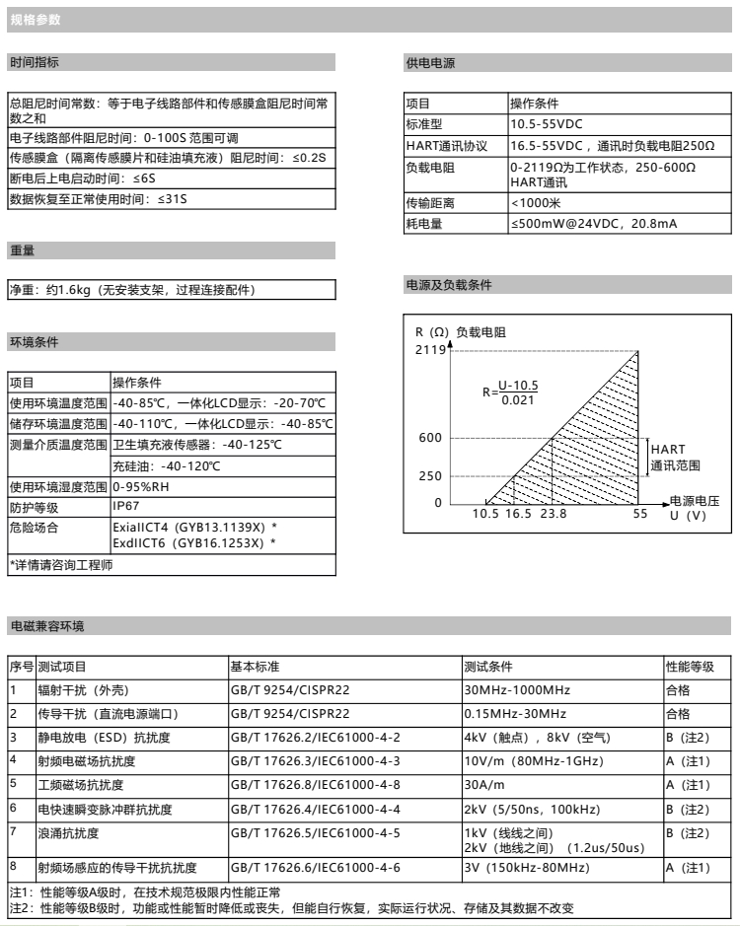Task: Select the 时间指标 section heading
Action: [x=35, y=62]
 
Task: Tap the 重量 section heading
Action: [x=23, y=250]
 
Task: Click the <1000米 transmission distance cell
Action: [x=536, y=203]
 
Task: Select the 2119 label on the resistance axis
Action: [x=430, y=349]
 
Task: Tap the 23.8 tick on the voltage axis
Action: [x=554, y=514]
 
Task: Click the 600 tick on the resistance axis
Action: [x=430, y=438]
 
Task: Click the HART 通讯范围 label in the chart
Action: [x=674, y=458]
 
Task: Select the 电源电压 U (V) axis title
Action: [x=694, y=508]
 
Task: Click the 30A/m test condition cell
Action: [x=484, y=785]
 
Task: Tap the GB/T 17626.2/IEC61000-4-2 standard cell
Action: [x=315, y=738]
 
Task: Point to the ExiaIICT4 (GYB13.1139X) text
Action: [x=193, y=528]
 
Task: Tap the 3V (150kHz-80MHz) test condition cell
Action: [x=527, y=868]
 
